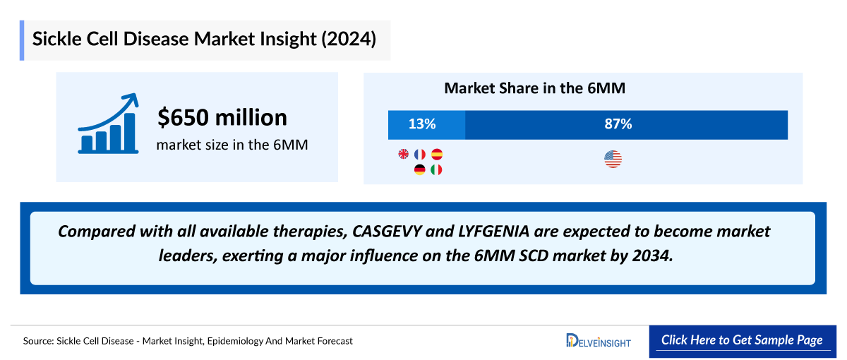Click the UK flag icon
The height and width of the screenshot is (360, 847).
404,154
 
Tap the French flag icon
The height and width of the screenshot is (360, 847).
420,154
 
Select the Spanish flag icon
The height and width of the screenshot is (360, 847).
436,154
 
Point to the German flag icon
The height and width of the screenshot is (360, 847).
420,169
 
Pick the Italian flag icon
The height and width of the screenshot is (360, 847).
436,169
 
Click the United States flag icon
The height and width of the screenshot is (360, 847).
613,160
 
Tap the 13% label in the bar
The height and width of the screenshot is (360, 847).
422,124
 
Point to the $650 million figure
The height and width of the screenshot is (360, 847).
222,117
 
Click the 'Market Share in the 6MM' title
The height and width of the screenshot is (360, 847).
534,88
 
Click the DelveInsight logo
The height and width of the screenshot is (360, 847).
599,340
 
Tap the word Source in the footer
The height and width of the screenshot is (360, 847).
39,341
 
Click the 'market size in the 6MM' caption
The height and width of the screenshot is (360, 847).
232,145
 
